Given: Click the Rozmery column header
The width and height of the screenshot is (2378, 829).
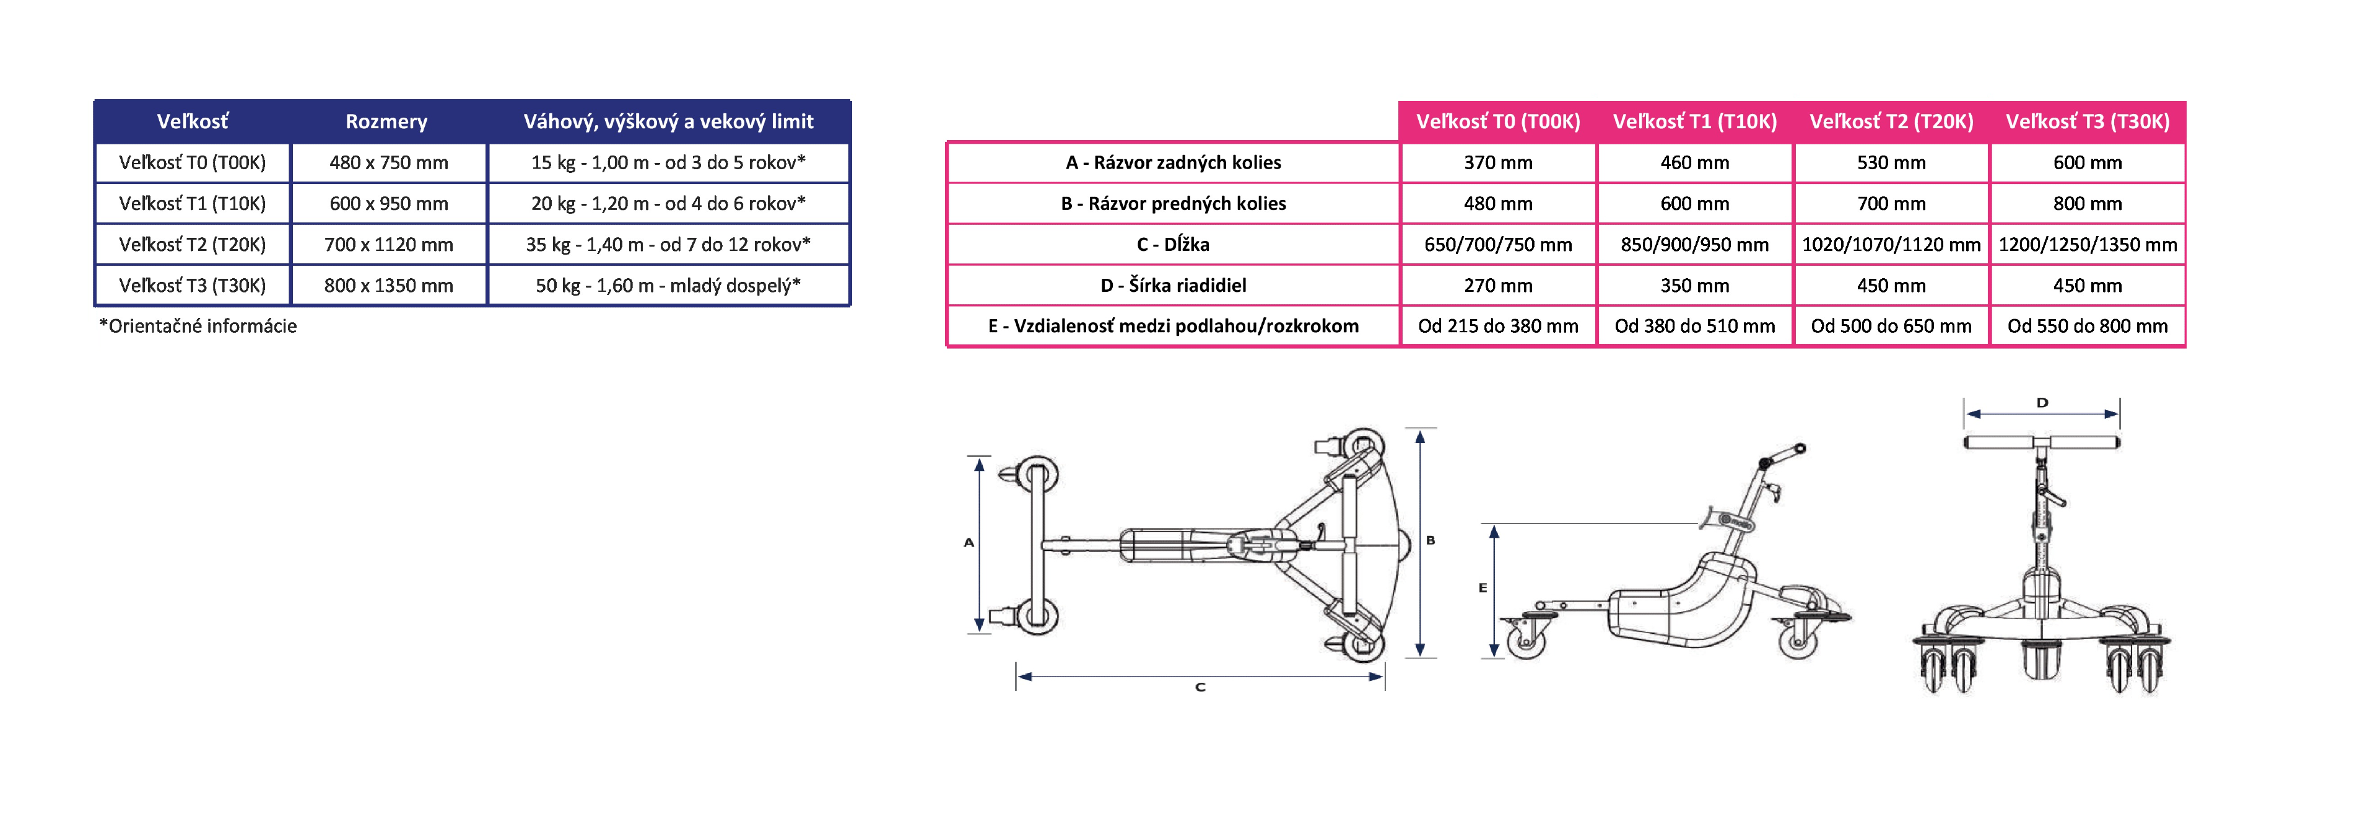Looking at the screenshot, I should coord(386,121).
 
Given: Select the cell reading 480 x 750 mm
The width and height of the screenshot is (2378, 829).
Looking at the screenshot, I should coord(389,162).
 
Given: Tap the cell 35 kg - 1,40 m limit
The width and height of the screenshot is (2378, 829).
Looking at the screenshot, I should coord(668,245).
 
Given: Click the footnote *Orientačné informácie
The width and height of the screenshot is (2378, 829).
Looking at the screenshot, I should coord(198,326).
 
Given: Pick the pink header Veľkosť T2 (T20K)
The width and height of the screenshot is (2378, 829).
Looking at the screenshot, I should coord(1891,121).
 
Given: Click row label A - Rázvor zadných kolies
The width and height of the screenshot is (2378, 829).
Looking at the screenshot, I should coord(1172,162).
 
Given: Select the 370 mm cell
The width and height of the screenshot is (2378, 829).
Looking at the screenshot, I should coord(1497,162).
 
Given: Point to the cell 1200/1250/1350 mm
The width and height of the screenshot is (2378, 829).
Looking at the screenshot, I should coord(2087,245).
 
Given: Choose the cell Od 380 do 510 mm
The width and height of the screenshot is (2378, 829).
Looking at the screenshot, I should coord(1694,326).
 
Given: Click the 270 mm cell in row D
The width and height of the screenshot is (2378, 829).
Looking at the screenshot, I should coord(1497,285).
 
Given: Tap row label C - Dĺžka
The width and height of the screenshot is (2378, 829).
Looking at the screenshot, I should coord(1172,245).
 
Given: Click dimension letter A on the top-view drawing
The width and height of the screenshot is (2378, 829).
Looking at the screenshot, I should coord(969,543).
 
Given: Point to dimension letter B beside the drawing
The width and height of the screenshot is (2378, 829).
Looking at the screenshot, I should coord(1430,540).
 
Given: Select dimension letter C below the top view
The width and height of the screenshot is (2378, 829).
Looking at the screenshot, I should coord(1200,687).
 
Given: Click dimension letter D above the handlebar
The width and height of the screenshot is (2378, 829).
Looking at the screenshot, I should coord(2042,403).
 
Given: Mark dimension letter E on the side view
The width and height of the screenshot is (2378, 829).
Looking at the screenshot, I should coord(1483,587).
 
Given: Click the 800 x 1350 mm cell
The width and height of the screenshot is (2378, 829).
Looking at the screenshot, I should coord(389,285).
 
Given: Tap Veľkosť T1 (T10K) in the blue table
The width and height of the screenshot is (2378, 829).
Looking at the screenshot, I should coord(192,203).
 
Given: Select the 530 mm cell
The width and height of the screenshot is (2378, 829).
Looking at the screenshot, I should coord(1891,162).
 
